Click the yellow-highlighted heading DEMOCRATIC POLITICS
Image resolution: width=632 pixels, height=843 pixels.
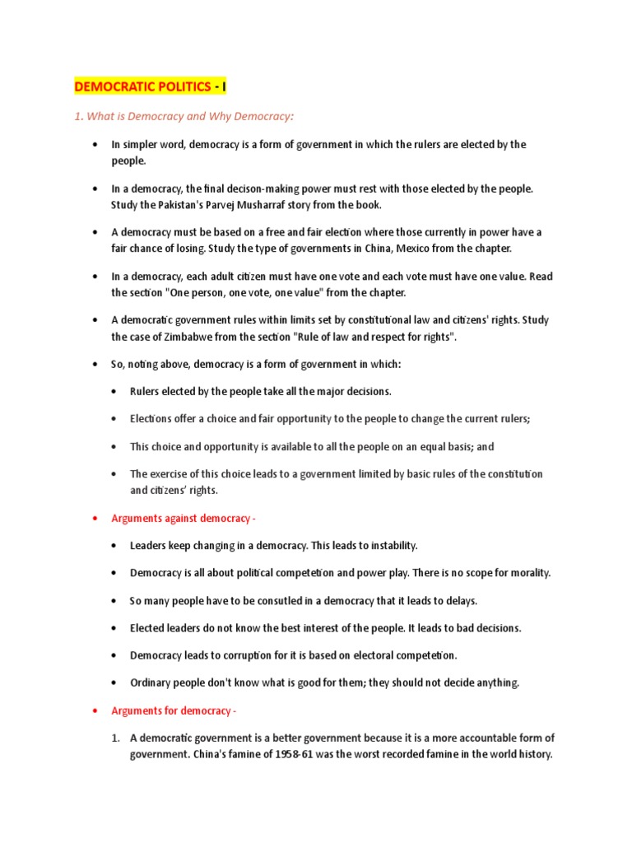149,86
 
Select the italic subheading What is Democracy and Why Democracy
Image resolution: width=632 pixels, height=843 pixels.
184,116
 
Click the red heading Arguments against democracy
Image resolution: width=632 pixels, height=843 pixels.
176,517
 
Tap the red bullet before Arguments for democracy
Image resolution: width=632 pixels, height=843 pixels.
96,710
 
